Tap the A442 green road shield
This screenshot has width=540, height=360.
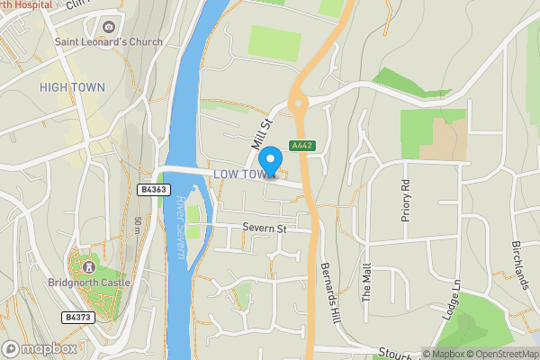coord(301,146)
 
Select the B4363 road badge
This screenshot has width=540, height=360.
coord(154,189)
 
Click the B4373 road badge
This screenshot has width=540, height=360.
coord(78,317)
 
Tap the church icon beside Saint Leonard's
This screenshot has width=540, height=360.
coord(109,27)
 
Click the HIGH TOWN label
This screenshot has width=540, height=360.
coord(72,87)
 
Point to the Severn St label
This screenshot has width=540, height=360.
coord(263,229)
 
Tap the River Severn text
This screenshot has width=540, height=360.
coord(181,229)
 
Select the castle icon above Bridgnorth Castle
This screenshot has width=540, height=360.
coord(88,267)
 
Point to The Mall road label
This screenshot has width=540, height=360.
coord(366,284)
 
